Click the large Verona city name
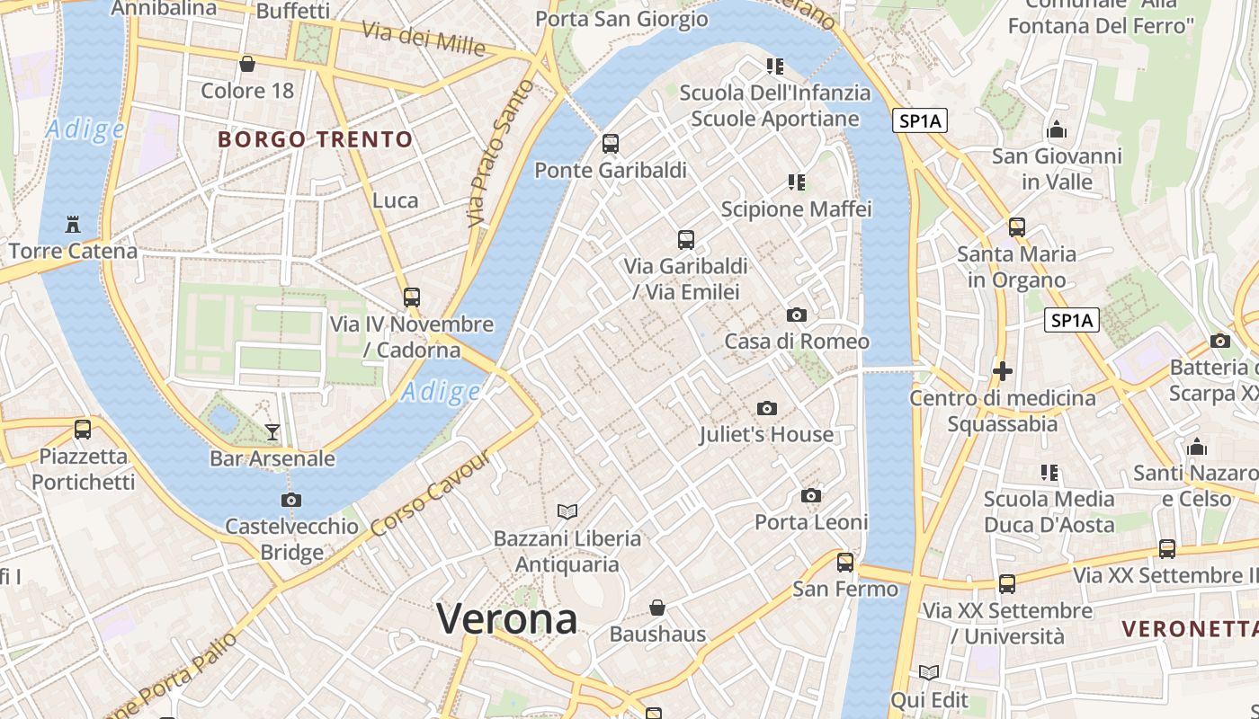pos(506,619)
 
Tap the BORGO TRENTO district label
pos(316,139)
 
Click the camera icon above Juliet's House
pos(766,409)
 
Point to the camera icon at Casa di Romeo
pos(796,315)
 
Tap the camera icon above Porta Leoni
pos(810,496)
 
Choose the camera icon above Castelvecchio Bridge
pos(290,501)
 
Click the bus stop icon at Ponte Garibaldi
pos(611,144)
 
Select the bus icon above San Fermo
pos(845,563)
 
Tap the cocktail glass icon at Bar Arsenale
pos(272,432)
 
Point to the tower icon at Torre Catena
pos(73,225)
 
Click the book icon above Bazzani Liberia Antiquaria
pos(567,511)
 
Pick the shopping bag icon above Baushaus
pos(657,608)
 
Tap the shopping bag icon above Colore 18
pos(247,64)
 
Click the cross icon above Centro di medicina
pos(1002,370)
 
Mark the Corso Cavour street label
pos(431,492)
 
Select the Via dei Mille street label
pos(424,38)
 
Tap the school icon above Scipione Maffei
pos(796,182)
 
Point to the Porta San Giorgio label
pos(621,19)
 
